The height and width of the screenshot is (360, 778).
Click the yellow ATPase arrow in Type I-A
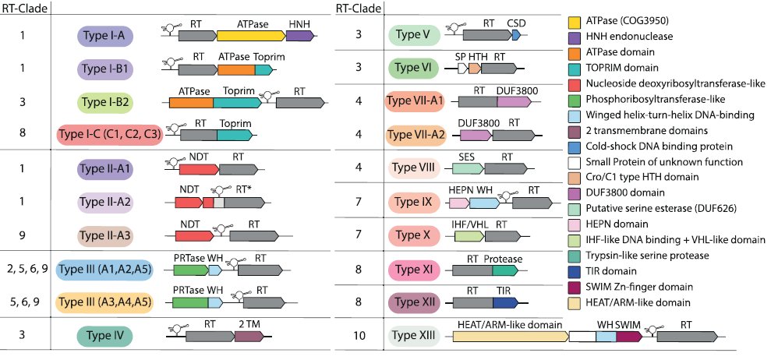pyautogui.click(x=251, y=36)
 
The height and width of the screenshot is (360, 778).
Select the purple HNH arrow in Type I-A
pyautogui.click(x=300, y=36)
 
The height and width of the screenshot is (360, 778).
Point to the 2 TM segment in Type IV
pyautogui.click(x=248, y=336)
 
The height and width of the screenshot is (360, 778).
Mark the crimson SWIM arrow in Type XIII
pyautogui.click(x=628, y=337)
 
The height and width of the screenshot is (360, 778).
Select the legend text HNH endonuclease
pyautogui.click(x=632, y=36)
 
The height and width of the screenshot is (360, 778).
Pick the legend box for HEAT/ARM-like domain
pyautogui.click(x=575, y=302)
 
